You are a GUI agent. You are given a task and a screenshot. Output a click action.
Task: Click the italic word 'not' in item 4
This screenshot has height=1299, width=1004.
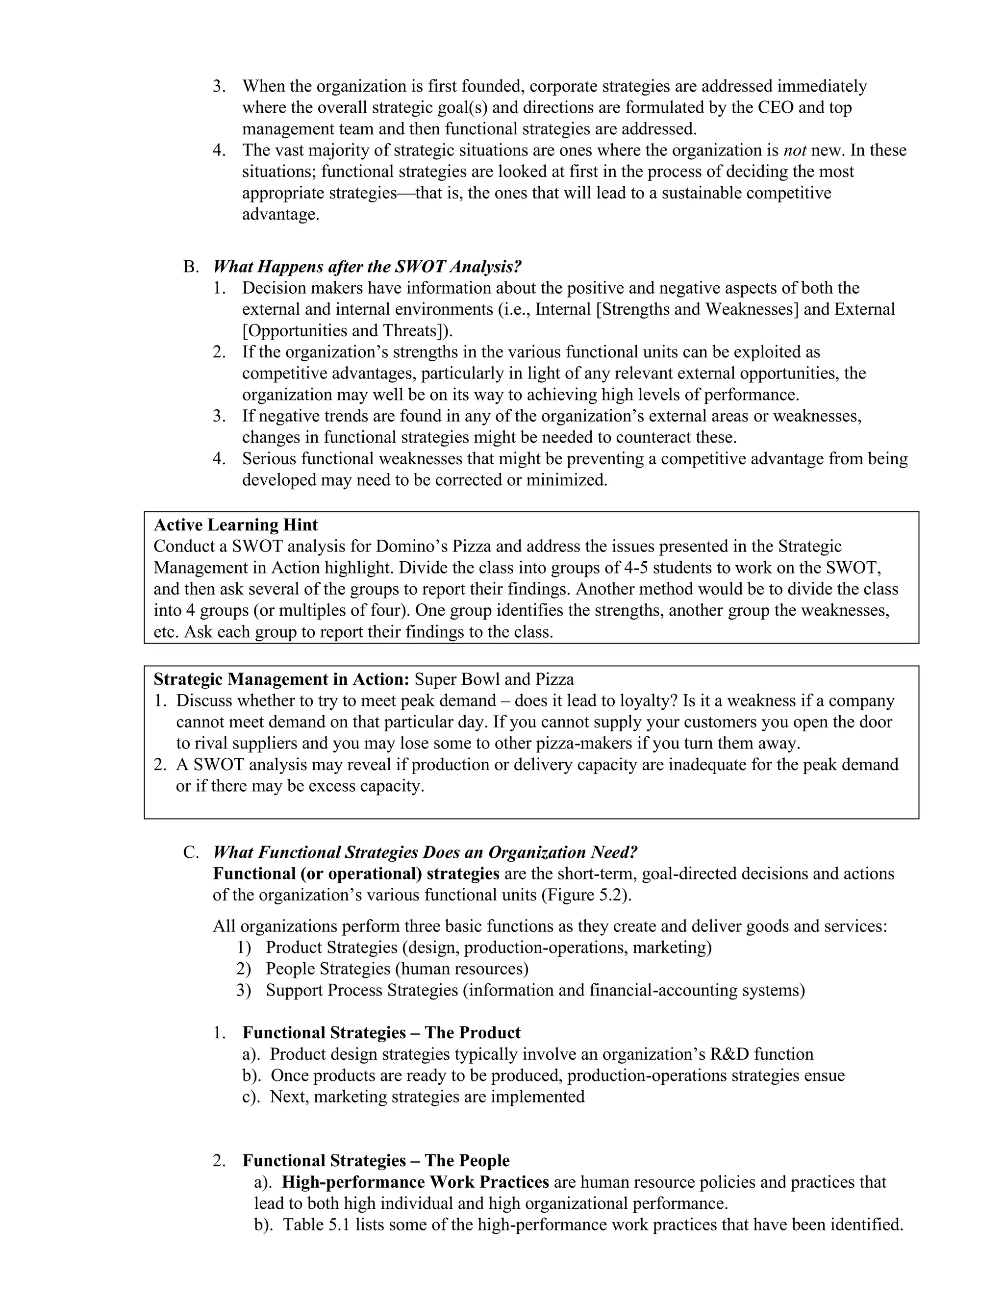[x=795, y=150]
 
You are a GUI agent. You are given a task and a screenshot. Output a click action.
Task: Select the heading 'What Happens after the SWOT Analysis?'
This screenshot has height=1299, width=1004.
[x=367, y=267]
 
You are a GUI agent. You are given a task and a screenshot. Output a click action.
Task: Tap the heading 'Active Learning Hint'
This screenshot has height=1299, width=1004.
[x=235, y=525]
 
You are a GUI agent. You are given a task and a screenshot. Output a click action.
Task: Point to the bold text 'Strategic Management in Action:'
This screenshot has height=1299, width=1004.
[x=281, y=679]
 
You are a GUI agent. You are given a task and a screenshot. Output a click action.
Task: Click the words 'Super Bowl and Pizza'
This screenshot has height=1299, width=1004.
[x=494, y=679]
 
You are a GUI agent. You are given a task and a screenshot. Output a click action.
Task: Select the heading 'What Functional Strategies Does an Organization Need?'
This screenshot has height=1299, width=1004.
[x=425, y=852]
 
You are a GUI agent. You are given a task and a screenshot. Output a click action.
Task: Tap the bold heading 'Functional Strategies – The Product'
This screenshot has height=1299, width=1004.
[x=381, y=1032]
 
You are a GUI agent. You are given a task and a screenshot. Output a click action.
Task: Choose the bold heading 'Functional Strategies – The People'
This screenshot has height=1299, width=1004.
[x=376, y=1160]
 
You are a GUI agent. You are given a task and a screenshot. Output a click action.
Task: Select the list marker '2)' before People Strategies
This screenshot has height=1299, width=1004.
[x=243, y=968]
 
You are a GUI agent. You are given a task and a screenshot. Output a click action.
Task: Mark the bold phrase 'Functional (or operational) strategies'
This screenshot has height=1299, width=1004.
[x=356, y=874]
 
